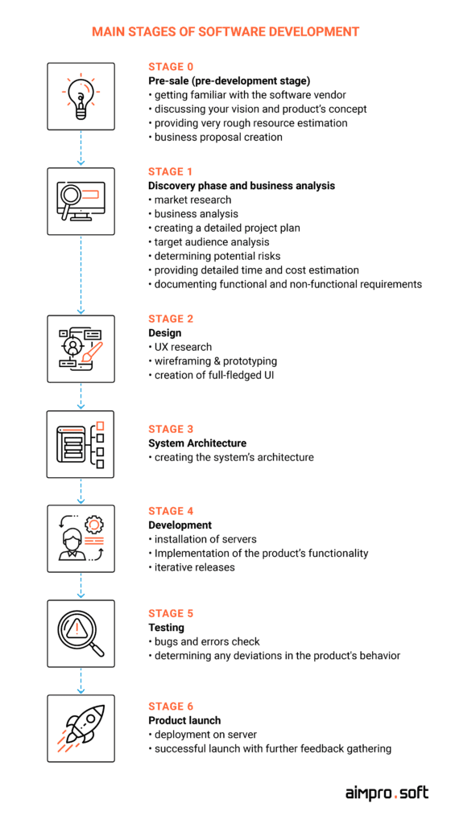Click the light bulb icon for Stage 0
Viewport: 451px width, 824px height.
tap(81, 97)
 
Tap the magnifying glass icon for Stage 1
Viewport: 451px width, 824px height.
tap(81, 201)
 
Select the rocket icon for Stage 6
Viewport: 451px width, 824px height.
tap(81, 727)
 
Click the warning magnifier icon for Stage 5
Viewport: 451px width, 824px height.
tap(81, 633)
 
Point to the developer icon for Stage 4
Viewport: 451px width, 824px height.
tap(81, 538)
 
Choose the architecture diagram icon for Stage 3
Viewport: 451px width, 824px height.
tap(81, 444)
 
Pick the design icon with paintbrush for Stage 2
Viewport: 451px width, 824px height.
tap(81, 349)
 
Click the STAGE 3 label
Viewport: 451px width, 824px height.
tap(171, 430)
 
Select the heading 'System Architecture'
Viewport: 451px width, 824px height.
tap(197, 443)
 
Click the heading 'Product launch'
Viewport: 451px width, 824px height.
tap(184, 720)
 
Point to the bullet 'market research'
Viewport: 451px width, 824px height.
tap(190, 200)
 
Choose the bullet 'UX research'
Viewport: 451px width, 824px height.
tap(180, 347)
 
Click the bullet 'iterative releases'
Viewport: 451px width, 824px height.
tap(192, 567)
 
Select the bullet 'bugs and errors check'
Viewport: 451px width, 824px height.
tap(205, 641)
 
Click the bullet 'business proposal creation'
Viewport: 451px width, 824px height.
tap(216, 137)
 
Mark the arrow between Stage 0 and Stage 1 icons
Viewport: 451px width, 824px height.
tap(81, 148)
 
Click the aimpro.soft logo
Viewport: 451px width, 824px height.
tap(387, 793)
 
